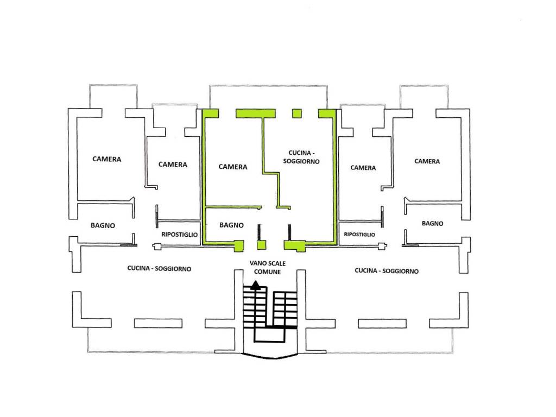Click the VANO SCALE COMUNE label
[x=267, y=268]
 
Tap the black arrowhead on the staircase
[x=255, y=285]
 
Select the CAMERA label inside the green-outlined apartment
[x=232, y=167]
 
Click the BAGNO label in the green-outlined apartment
[x=231, y=225]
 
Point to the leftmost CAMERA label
[x=107, y=159]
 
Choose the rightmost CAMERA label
[x=427, y=161]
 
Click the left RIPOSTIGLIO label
[x=179, y=235]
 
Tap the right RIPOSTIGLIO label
[x=359, y=235]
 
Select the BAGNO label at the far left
[x=103, y=225]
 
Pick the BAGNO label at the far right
[x=433, y=223]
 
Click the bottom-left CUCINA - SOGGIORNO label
[x=159, y=268]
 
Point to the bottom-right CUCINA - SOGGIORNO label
[x=387, y=270]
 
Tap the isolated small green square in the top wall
[x=297, y=113]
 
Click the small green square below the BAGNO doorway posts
[x=261, y=245]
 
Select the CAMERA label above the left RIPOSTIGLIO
[x=173, y=165]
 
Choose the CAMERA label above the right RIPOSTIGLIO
[x=363, y=168]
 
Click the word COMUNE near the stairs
[x=267, y=272]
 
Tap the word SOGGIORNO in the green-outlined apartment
[x=301, y=161]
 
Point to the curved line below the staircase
[x=270, y=357]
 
